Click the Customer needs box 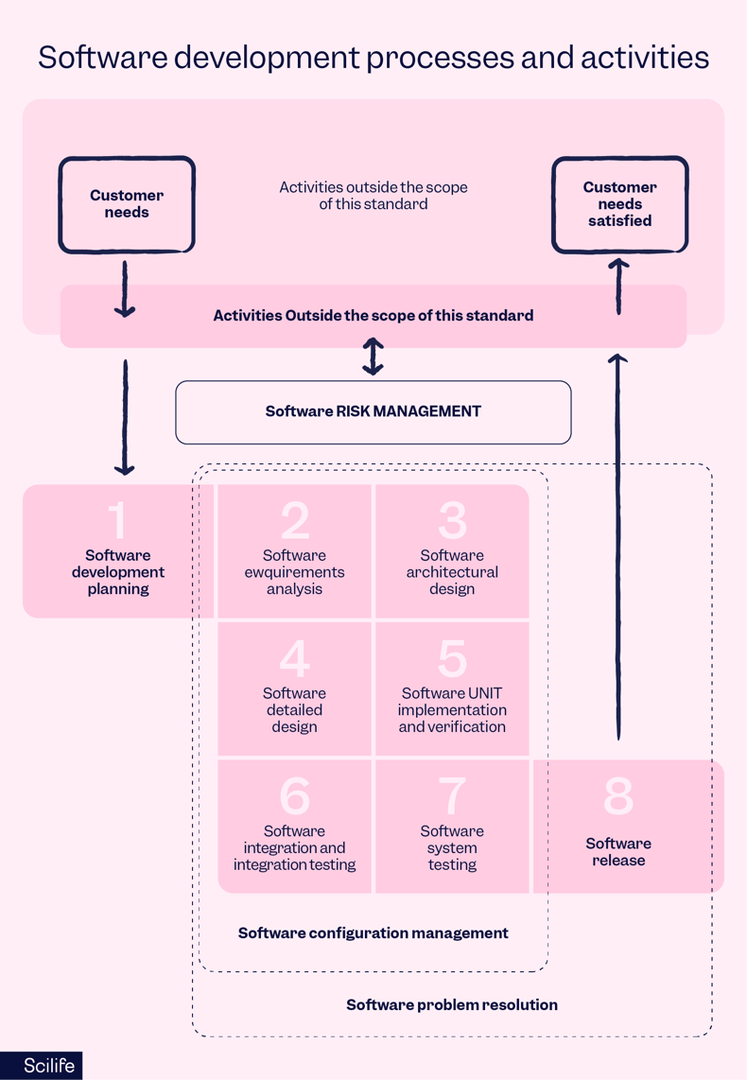[x=127, y=204]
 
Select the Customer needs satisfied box [x=619, y=204]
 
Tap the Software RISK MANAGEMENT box [x=373, y=411]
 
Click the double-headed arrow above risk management [x=373, y=357]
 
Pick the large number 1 [x=117, y=520]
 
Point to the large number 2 [x=295, y=520]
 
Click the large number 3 [x=453, y=520]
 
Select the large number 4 [x=295, y=658]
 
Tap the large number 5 [x=453, y=658]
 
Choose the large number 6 [x=295, y=796]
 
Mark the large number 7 [x=453, y=796]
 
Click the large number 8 [x=618, y=796]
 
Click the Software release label [x=618, y=852]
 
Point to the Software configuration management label [x=373, y=933]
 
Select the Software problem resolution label [x=452, y=1004]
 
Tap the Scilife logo [x=41, y=1066]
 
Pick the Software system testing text [x=452, y=847]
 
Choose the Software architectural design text [x=453, y=572]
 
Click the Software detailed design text [x=295, y=710]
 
